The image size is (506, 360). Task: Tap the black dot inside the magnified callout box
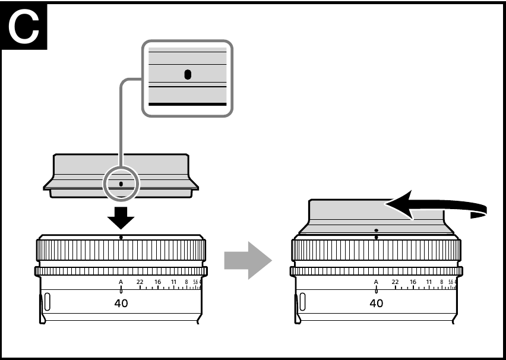coord(188,74)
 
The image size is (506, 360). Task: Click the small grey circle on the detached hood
coord(121,184)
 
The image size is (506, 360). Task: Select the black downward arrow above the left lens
coord(121,217)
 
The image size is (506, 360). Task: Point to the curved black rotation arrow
coord(439,208)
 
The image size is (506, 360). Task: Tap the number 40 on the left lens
coord(121,303)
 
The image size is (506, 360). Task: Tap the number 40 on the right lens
coord(376,303)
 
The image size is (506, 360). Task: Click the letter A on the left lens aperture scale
coord(121,282)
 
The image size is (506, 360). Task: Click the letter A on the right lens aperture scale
coord(376,282)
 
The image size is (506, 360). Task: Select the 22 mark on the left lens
coord(140,282)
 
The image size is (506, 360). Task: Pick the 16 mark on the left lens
coord(158,282)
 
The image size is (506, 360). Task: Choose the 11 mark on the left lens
coord(173,282)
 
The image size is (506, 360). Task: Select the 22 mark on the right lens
coord(396,282)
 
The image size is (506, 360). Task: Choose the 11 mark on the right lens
coord(429,282)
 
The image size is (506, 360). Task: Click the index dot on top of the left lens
coord(121,236)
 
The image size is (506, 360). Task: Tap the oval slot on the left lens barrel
coord(48,301)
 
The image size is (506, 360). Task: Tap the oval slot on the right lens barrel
coord(303,301)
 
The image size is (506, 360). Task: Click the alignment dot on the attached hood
coord(376,229)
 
